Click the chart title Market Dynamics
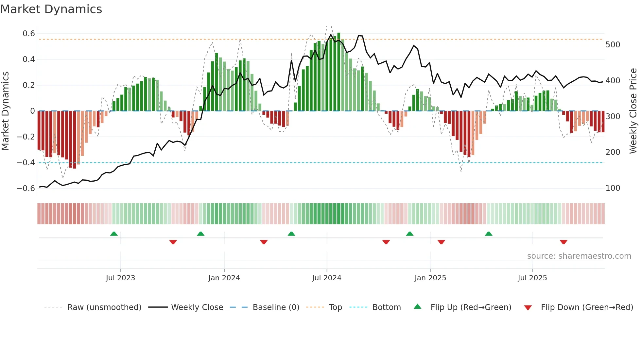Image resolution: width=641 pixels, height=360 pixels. pos(51,9)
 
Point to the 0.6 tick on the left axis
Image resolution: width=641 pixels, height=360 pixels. pos(29,34)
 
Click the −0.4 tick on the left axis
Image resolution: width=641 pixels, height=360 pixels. pos(26,163)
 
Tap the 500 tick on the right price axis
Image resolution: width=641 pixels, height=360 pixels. pos(613,45)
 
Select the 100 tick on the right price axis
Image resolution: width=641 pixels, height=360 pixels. pos(613,188)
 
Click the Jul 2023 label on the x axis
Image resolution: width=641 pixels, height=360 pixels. pos(120,278)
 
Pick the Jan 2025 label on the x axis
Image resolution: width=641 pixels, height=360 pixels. pos(430,278)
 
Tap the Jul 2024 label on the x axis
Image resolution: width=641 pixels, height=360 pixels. pos(326,278)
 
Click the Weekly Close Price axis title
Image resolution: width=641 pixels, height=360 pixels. pos(633,111)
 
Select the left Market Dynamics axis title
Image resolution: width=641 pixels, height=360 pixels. pos(5,111)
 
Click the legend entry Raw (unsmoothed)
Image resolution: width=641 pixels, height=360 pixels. pos(104,307)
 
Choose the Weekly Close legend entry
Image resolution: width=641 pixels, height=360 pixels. pos(197,307)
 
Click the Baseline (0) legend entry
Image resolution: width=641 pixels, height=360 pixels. pos(276,307)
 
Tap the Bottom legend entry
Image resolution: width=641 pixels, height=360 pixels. pos(386,307)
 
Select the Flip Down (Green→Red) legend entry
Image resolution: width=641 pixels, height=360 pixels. pos(587,307)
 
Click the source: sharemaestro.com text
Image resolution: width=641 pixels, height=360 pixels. pos(579,256)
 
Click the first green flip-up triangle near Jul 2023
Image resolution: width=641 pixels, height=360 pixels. pos(114,234)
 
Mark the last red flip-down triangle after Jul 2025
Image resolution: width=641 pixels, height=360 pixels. pos(563,242)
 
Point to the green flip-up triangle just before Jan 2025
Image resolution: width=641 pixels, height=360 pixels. pos(409,234)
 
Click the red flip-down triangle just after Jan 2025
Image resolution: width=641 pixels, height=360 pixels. pos(441,242)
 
